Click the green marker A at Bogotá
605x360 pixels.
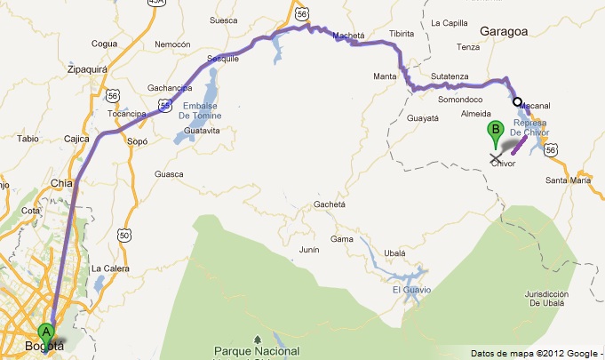point(47,332)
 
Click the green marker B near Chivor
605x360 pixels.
point(495,135)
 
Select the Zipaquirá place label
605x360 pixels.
point(87,67)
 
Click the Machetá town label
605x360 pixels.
point(348,36)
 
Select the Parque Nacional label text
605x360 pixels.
point(257,351)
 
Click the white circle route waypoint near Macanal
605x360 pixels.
point(517,101)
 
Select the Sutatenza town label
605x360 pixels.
point(450,76)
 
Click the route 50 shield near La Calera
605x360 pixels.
point(124,234)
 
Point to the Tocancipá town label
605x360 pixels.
point(126,115)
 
